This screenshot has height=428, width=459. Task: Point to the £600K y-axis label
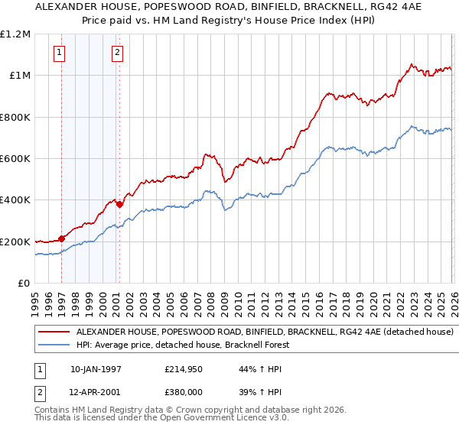(15, 159)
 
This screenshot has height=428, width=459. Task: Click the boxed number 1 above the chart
(60, 53)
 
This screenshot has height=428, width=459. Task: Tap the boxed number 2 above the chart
(117, 53)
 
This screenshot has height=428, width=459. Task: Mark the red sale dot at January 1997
(62, 238)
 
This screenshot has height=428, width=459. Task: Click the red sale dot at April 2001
(119, 204)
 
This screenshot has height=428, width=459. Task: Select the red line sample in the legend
(54, 332)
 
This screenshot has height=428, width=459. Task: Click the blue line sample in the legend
(54, 345)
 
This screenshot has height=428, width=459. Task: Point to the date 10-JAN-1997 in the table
(96, 369)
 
